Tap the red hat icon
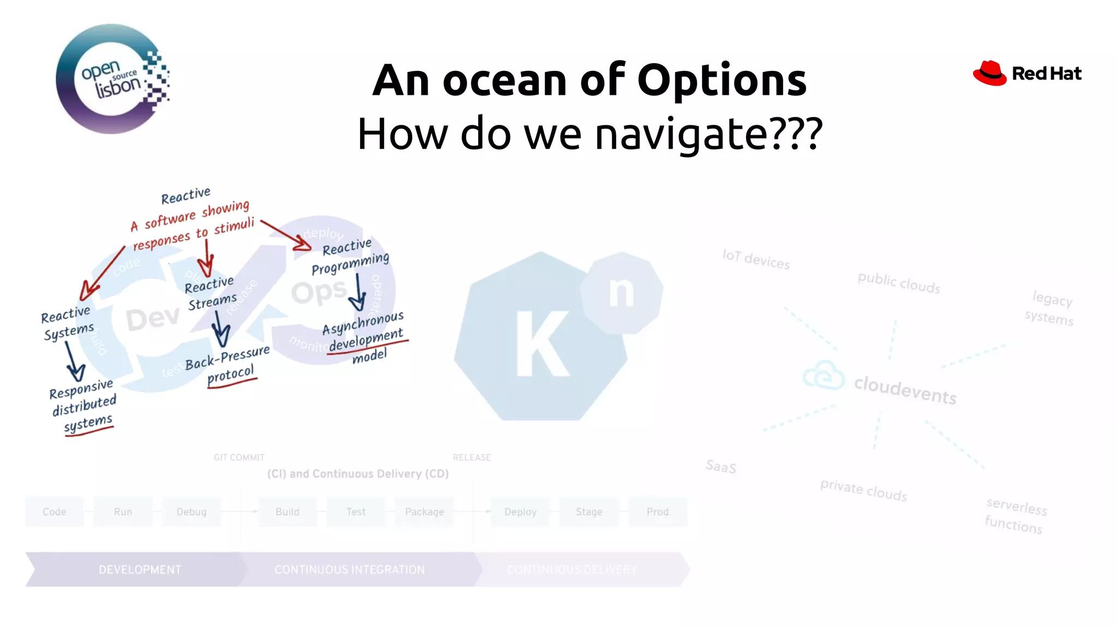(x=989, y=73)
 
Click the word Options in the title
(x=721, y=80)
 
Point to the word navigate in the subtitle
(x=680, y=134)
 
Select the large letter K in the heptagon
(x=542, y=343)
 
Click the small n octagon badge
(x=621, y=292)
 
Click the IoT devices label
(x=756, y=259)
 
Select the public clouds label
(x=899, y=283)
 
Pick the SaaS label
(x=721, y=467)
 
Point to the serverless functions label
(x=1016, y=515)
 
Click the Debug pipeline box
(x=191, y=512)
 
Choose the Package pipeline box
(x=424, y=512)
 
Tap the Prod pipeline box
(x=657, y=512)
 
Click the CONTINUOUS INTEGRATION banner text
(x=350, y=570)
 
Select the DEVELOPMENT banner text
(x=140, y=570)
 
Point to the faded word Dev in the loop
(x=153, y=318)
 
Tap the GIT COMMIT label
(x=239, y=457)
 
